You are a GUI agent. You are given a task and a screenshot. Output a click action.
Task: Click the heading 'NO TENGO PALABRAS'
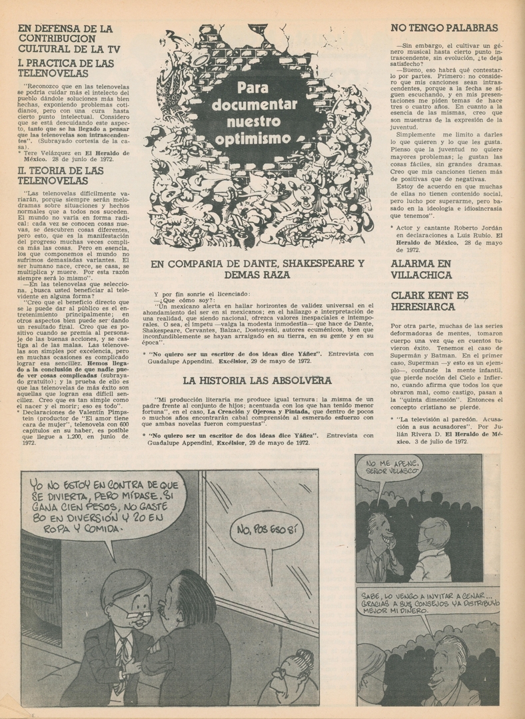coord(444,28)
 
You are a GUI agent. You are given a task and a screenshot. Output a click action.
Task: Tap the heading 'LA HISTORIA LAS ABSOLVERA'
coord(257,380)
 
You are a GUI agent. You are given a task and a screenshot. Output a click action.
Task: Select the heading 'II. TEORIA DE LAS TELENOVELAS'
coord(61,175)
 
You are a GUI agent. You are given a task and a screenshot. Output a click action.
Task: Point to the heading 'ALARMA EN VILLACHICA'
coord(421,268)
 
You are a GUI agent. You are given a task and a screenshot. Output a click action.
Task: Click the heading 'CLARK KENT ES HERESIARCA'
coord(429,300)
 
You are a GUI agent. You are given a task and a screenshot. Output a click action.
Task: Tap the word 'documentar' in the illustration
coord(257,105)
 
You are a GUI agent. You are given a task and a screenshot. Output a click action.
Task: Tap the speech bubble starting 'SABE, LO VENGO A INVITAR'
coord(428,602)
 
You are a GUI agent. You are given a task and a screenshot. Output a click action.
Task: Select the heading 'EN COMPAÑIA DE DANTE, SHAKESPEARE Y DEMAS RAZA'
coord(257,268)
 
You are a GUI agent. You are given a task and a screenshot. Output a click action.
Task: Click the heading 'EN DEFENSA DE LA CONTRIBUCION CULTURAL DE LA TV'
coord(65,38)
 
